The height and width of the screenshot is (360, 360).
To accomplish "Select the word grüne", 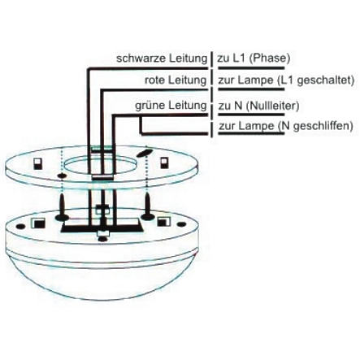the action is [x=148, y=106].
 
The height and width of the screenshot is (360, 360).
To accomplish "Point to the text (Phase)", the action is [x=269, y=59].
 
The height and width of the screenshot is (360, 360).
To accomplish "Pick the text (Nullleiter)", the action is [x=272, y=106].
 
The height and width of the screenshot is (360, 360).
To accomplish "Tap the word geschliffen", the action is [x=323, y=126].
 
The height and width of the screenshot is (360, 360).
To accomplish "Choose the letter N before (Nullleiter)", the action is [x=238, y=106].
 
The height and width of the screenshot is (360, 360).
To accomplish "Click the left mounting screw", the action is [x=62, y=207].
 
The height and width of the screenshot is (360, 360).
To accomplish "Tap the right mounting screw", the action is [x=148, y=206].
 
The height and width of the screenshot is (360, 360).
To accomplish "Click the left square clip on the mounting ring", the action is [x=38, y=164].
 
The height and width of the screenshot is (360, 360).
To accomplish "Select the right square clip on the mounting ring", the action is [x=163, y=163].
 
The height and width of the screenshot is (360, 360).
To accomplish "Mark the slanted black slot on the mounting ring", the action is [x=144, y=152].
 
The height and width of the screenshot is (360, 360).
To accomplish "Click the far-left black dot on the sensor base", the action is [x=20, y=226].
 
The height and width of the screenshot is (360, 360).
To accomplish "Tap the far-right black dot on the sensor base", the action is [x=181, y=224].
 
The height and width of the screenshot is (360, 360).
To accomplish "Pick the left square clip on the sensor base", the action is [x=38, y=223].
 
